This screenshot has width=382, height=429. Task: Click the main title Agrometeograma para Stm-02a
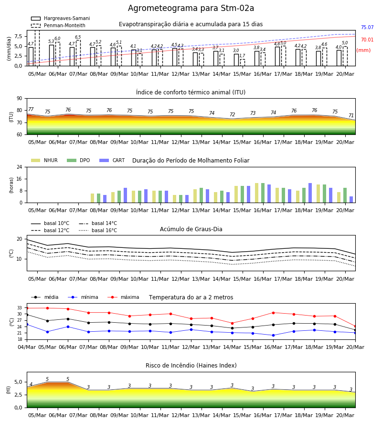(191, 8)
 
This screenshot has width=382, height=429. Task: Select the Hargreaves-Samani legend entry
(61, 18)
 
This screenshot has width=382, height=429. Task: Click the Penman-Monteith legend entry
(58, 25)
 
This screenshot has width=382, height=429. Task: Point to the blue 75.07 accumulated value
(367, 27)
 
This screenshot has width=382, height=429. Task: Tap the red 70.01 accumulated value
(367, 40)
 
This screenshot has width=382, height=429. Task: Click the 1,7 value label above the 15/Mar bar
(242, 56)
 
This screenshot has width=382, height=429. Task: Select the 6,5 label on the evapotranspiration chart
(78, 37)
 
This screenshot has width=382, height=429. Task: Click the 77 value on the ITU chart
(31, 110)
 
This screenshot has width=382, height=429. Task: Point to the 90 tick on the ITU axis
(20, 99)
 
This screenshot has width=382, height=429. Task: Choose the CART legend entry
(112, 160)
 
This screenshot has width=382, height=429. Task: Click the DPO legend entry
(78, 160)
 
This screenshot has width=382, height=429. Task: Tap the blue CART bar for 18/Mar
(310, 193)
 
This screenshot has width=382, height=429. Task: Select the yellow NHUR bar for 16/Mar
(257, 193)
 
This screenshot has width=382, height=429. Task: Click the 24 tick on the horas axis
(20, 167)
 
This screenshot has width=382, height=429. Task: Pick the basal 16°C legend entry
(98, 230)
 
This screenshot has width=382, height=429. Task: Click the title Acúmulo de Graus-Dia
(191, 229)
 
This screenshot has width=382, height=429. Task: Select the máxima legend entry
(123, 297)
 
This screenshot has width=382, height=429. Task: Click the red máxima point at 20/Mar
(355, 327)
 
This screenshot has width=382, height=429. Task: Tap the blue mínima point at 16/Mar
(273, 336)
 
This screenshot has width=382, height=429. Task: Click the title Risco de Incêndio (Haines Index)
(191, 366)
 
